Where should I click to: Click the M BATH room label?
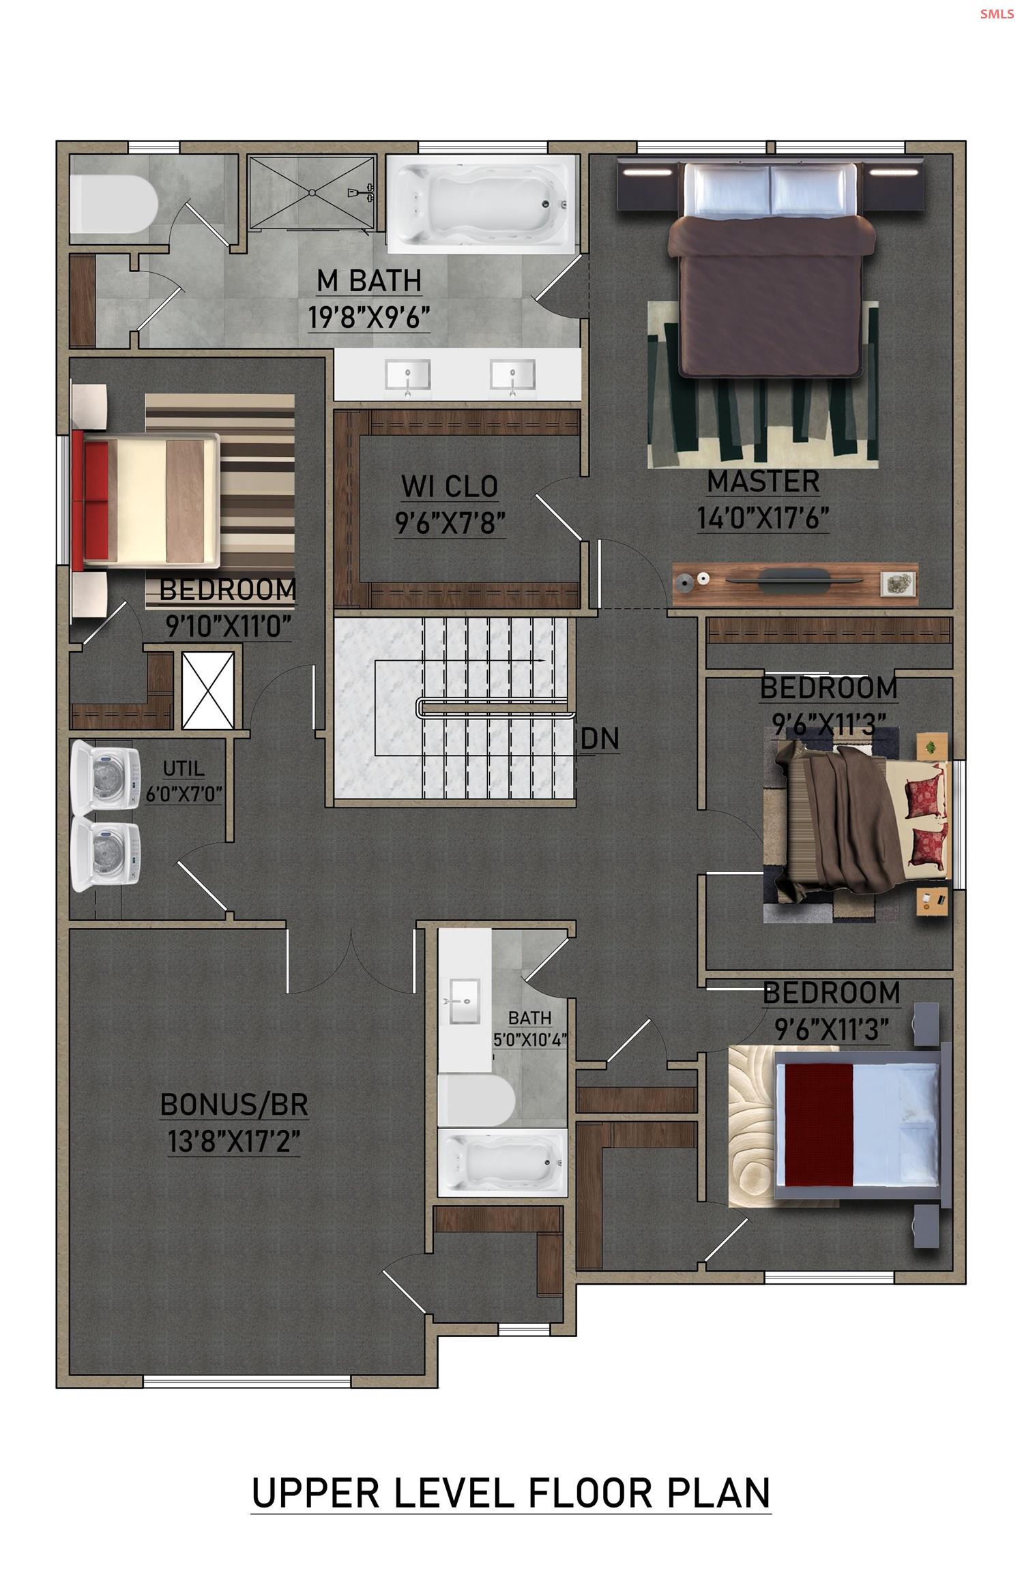pyautogui.click(x=369, y=280)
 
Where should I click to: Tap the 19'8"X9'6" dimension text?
pyautogui.click(x=369, y=317)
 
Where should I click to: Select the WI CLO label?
pyautogui.click(x=450, y=486)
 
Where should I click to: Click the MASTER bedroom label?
pyautogui.click(x=763, y=481)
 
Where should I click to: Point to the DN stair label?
pyautogui.click(x=600, y=738)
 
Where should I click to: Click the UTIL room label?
pyautogui.click(x=184, y=768)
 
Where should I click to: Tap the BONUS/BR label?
pyautogui.click(x=234, y=1105)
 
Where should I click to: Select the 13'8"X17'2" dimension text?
pyautogui.click(x=234, y=1141)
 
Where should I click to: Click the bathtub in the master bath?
pyautogui.click(x=482, y=203)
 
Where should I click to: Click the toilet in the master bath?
pyautogui.click(x=113, y=203)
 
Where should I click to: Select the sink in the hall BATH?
pyautogui.click(x=464, y=1001)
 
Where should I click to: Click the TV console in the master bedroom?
pyautogui.click(x=794, y=583)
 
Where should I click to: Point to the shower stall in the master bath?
pyautogui.click(x=311, y=192)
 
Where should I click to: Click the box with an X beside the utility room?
pyautogui.click(x=208, y=690)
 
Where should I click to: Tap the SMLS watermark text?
pyautogui.click(x=996, y=14)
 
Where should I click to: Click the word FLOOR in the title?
pyautogui.click(x=589, y=1493)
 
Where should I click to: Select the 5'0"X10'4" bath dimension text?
pyautogui.click(x=530, y=1039)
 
